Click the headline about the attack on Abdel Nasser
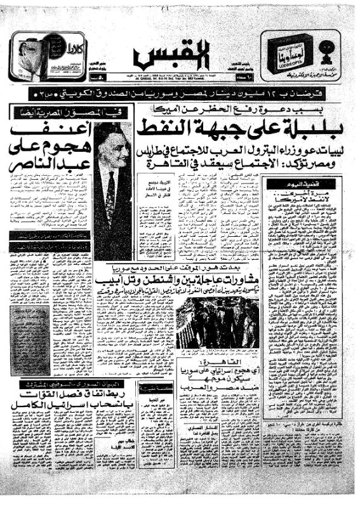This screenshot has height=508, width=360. [48, 149]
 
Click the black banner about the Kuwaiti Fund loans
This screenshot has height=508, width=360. [180, 95]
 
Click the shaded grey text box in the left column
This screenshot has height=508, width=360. [29, 340]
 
